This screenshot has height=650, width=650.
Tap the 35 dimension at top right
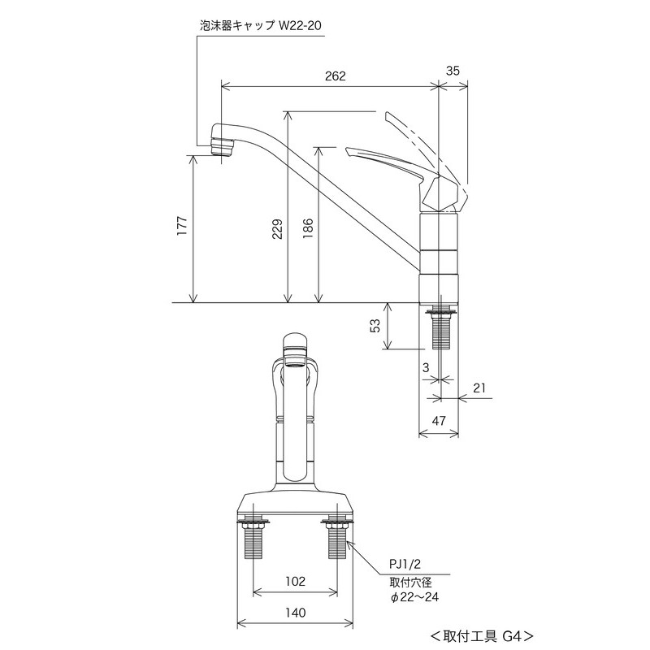(x=453, y=71)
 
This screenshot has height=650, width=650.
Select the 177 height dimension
(x=182, y=227)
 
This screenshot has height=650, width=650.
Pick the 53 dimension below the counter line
(x=375, y=326)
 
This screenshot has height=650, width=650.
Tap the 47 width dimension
(x=438, y=421)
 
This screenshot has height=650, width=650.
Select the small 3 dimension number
(x=426, y=368)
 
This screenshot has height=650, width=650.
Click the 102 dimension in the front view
(x=296, y=581)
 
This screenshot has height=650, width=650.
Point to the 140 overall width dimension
(x=296, y=613)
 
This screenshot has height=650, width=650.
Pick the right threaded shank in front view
(x=336, y=538)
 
